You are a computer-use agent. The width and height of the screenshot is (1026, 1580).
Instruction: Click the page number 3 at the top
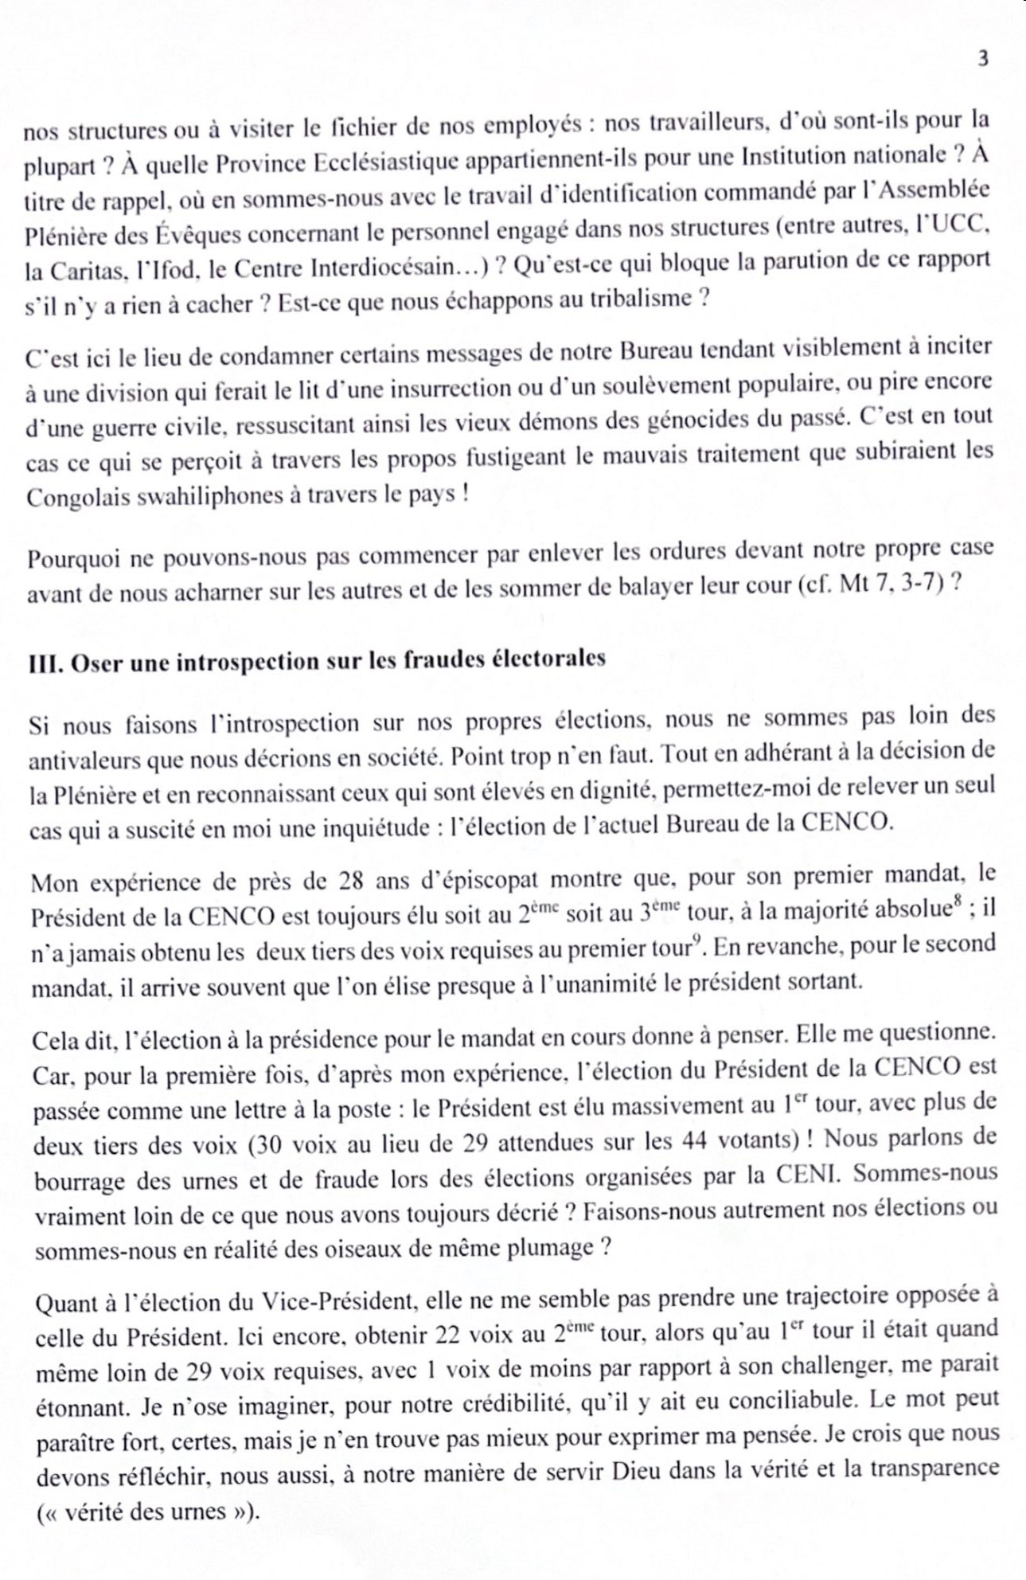pyautogui.click(x=983, y=58)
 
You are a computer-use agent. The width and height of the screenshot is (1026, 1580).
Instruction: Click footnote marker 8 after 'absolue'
pyautogui.click(x=962, y=903)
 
